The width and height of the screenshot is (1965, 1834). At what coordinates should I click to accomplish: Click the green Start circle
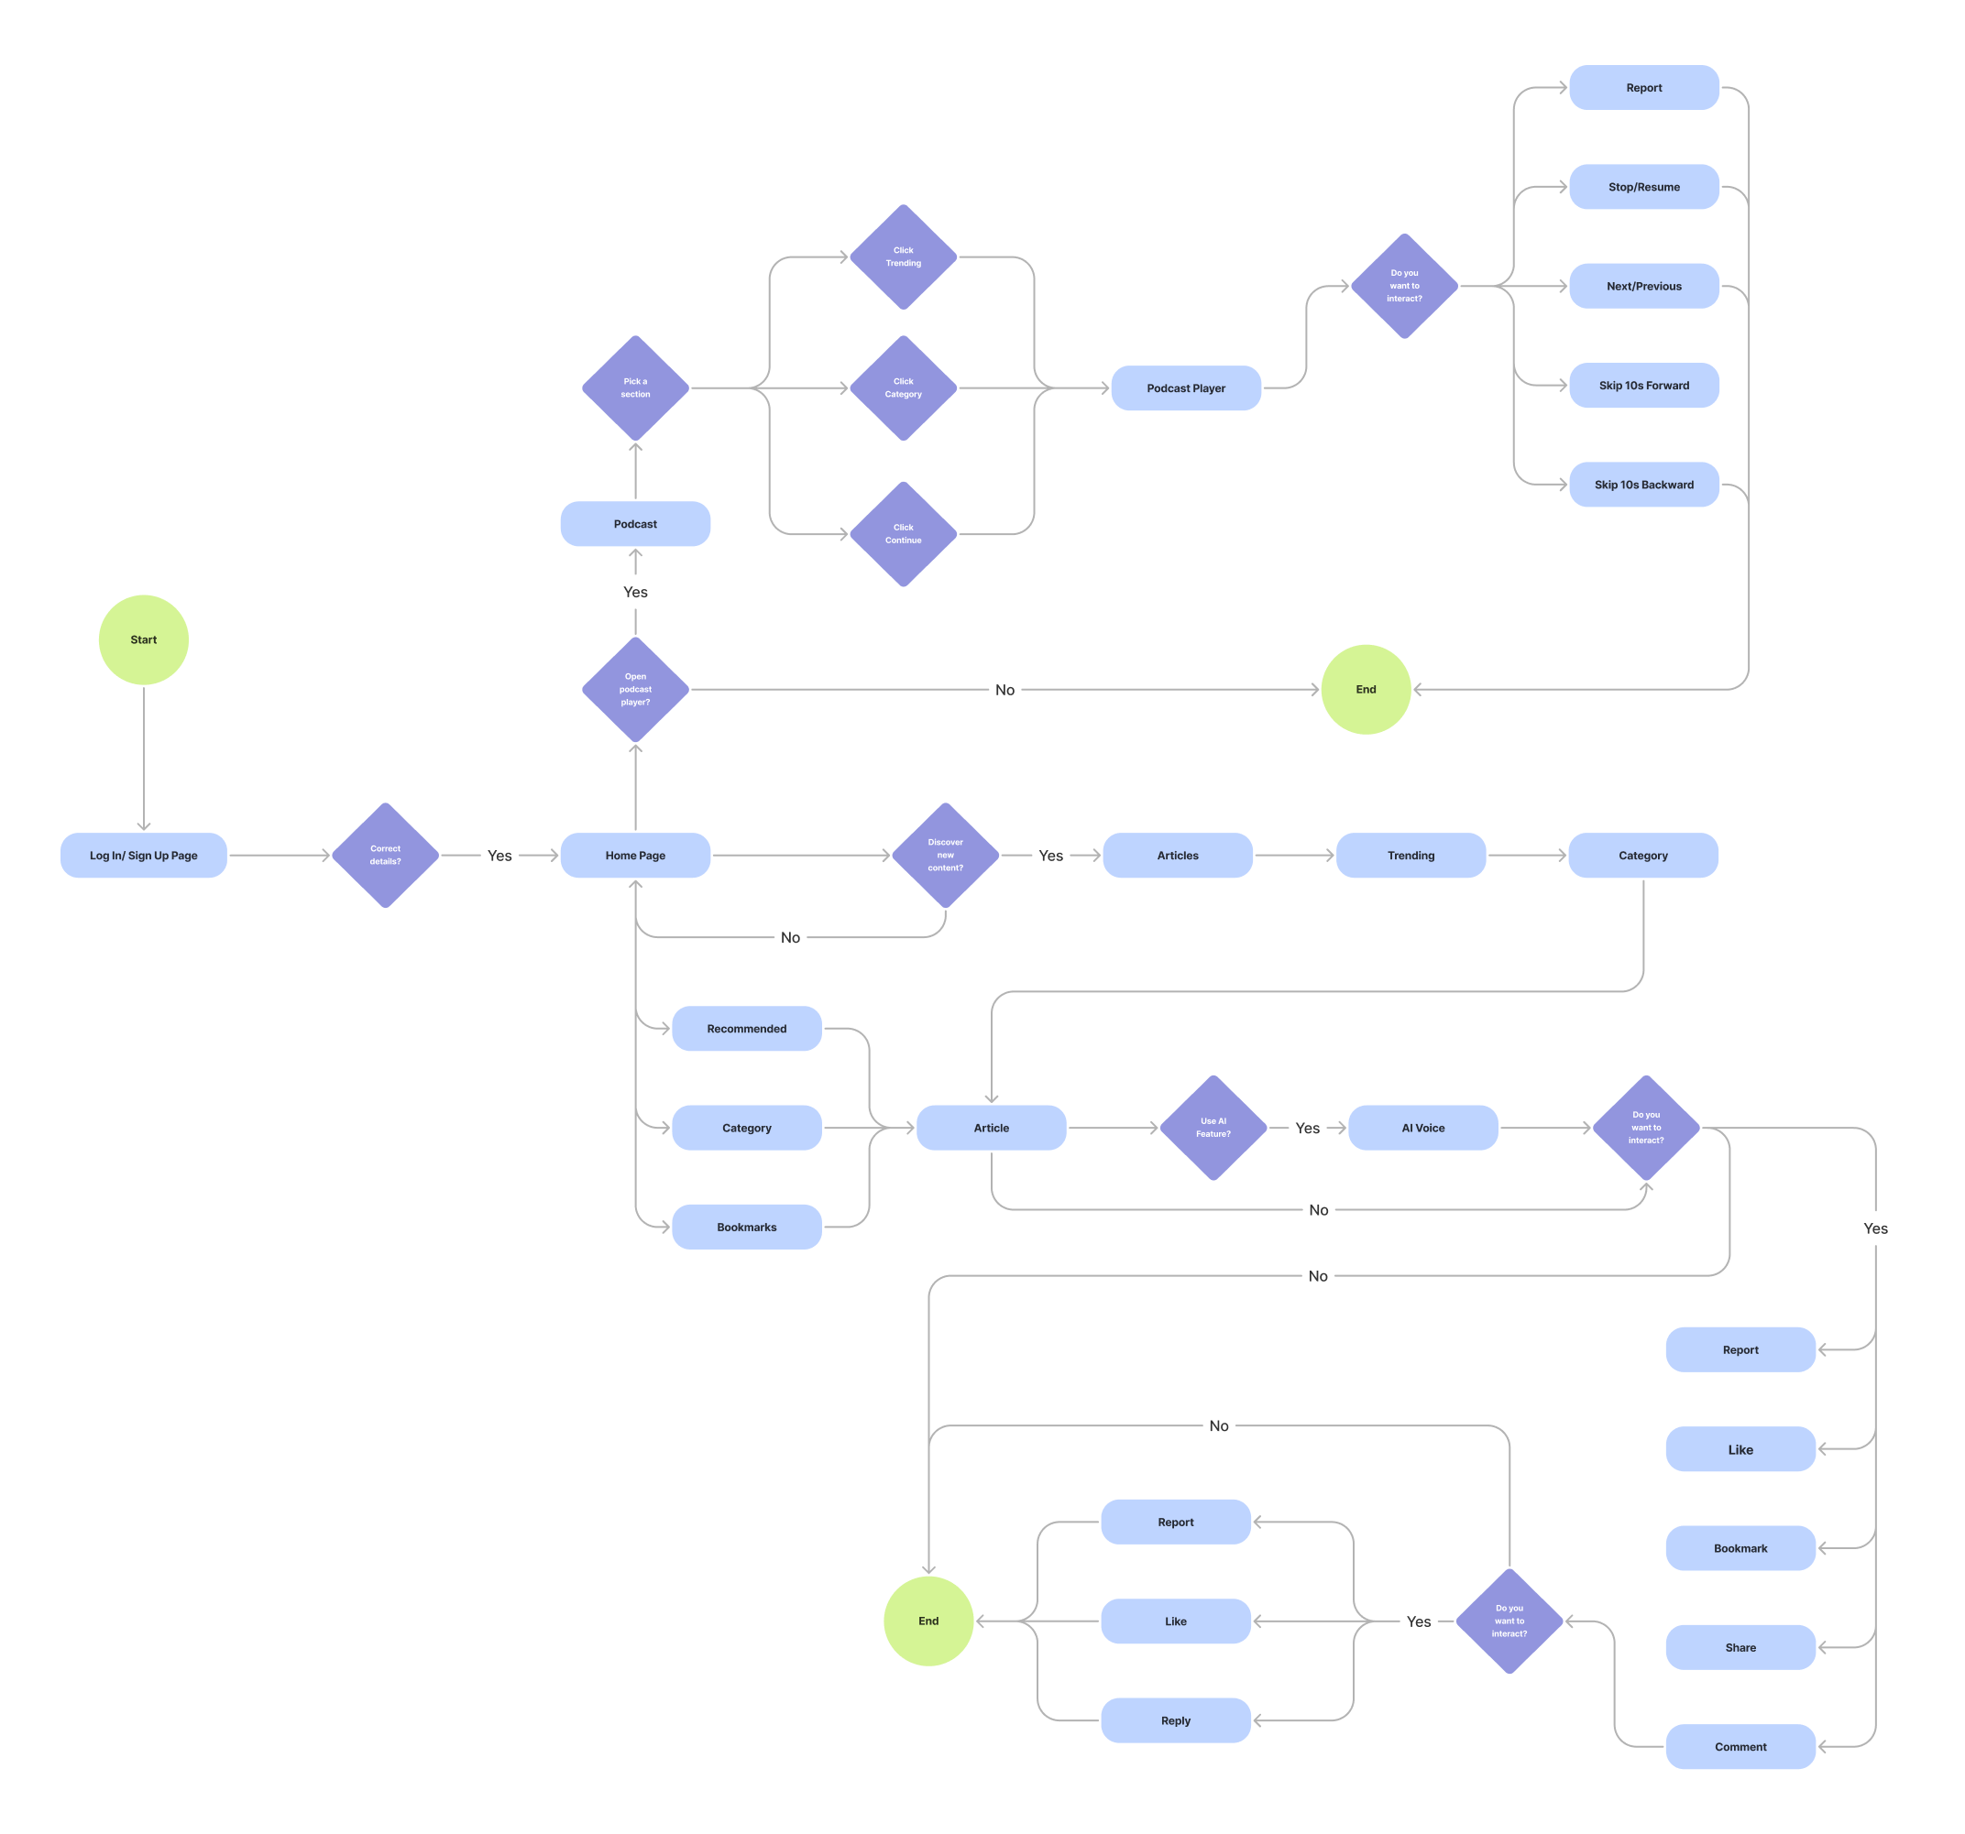(x=143, y=639)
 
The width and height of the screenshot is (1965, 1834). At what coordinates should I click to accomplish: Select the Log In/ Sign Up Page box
(x=143, y=855)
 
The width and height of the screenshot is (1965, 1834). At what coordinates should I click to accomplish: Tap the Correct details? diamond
(x=386, y=855)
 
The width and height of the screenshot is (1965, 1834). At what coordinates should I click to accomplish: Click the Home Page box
(x=634, y=855)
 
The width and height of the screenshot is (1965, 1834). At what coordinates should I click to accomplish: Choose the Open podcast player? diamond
(x=634, y=689)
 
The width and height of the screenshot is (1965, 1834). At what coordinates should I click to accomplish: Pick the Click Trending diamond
(x=903, y=257)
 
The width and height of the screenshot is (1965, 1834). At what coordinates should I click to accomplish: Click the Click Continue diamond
(x=903, y=533)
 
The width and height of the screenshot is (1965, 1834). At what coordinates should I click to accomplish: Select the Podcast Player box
(x=1185, y=388)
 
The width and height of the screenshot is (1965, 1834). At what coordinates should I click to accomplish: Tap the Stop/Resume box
(x=1642, y=187)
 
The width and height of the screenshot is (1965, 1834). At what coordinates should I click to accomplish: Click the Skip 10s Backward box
(x=1642, y=485)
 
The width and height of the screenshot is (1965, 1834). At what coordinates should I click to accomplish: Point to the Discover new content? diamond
(x=945, y=855)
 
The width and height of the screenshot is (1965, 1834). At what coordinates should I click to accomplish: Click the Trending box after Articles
(x=1411, y=855)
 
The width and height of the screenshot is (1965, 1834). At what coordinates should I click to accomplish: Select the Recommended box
(x=746, y=1029)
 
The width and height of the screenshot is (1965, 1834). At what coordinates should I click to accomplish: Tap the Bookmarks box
(x=746, y=1227)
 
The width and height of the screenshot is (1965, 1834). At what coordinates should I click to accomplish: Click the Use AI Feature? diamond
(x=1213, y=1128)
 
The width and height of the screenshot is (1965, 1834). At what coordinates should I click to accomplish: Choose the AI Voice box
(x=1422, y=1128)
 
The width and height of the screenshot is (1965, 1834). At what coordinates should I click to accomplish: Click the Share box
(x=1740, y=1647)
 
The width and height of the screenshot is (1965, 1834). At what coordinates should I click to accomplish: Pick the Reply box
(x=1175, y=1720)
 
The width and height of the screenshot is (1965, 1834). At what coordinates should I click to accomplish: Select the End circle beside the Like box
(x=928, y=1621)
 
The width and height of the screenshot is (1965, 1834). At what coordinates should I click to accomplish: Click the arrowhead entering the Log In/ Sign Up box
(x=143, y=825)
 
